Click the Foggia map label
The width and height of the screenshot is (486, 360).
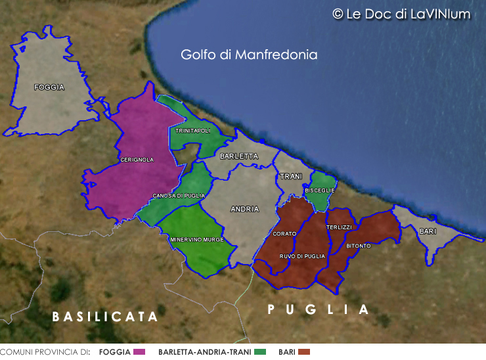(49, 87)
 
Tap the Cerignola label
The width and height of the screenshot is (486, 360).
(137, 160)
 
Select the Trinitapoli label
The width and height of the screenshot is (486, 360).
(192, 131)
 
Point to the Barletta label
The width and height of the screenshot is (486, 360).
(239, 156)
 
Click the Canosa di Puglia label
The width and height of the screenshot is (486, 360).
(179, 196)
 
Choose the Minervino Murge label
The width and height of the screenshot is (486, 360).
(197, 240)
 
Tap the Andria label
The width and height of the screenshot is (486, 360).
(244, 209)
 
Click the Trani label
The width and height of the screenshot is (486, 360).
(290, 177)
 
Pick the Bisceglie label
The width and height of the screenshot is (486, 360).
(320, 191)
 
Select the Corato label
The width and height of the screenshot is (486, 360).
(284, 234)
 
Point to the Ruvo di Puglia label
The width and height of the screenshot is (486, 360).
(302, 256)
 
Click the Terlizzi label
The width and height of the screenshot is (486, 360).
(339, 227)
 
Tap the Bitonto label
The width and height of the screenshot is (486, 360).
(359, 246)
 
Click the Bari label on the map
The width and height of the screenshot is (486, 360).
(427, 231)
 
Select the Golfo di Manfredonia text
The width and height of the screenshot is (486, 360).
(249, 55)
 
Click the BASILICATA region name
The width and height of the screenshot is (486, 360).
(105, 317)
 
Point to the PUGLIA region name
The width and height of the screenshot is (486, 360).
(319, 309)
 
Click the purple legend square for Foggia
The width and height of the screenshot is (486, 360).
(139, 352)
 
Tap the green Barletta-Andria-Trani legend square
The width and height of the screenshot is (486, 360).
(261, 352)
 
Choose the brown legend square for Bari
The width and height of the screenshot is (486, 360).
(303, 352)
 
